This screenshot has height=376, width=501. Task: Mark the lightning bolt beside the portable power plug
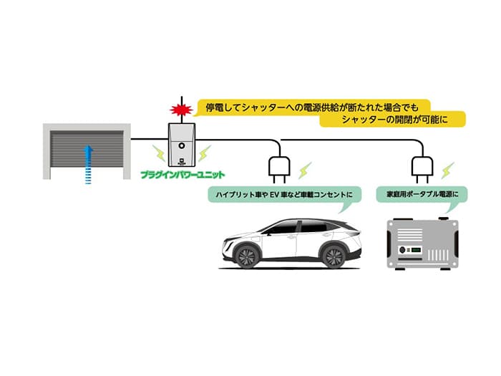[x=447, y=171]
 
